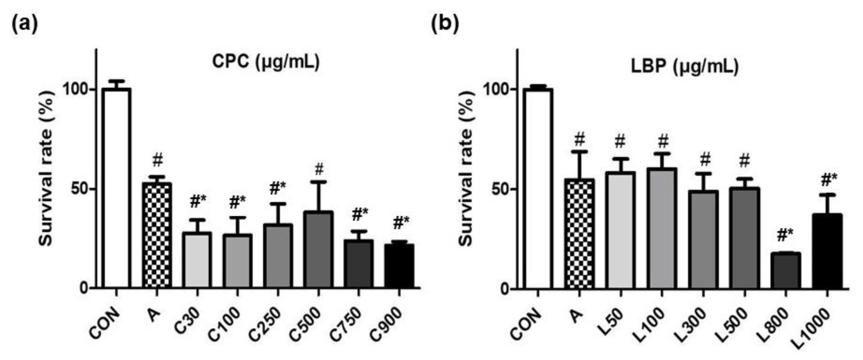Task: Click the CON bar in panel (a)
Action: (x=116, y=188)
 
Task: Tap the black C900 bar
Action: (x=399, y=266)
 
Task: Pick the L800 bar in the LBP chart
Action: (x=786, y=271)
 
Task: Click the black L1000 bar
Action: (x=827, y=251)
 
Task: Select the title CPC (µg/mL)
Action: (x=266, y=62)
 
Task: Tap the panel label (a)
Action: (x=25, y=24)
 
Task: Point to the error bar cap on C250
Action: (x=278, y=204)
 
